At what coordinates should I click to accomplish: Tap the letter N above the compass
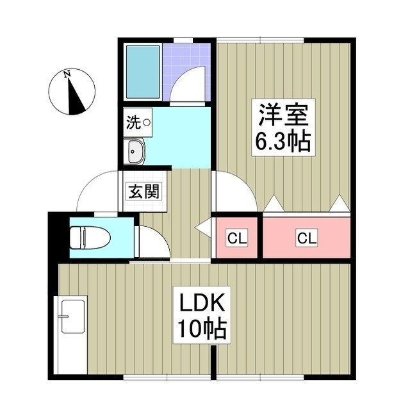click(67, 75)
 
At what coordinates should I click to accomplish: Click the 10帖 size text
click(201, 329)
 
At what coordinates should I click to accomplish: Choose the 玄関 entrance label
click(143, 191)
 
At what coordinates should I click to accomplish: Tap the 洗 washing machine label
click(133, 122)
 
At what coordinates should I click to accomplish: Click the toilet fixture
click(89, 238)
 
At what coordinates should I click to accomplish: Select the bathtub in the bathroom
click(142, 72)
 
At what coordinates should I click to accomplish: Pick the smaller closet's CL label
click(236, 239)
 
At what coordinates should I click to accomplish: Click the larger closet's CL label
click(306, 239)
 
